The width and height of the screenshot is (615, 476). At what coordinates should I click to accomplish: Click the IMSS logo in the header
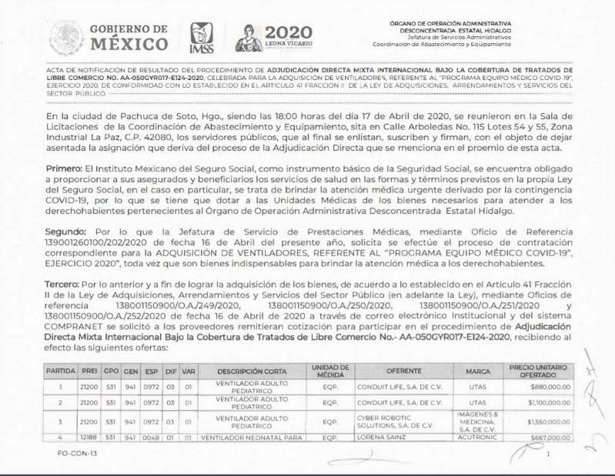[202, 37]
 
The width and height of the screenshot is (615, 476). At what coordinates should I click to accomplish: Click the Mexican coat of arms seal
[66, 38]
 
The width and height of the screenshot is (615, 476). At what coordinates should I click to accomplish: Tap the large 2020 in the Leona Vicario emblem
[288, 32]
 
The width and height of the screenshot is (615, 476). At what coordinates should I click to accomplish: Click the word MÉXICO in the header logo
[129, 44]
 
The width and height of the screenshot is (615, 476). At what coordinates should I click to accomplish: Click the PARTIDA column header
[61, 371]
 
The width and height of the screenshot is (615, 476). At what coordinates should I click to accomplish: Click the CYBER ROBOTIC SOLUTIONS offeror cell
[389, 421]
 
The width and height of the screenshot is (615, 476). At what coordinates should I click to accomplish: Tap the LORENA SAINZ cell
[380, 437]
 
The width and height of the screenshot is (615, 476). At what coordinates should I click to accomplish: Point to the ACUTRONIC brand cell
[476, 437]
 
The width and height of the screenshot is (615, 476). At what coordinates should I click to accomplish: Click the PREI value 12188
[89, 437]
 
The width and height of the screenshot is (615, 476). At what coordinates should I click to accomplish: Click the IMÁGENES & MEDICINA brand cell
[476, 421]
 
